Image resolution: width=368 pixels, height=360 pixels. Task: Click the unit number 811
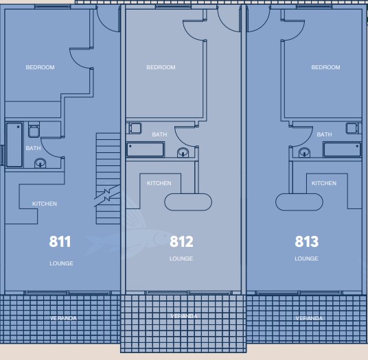pos(60,241)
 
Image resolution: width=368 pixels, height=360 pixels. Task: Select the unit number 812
pos(181,241)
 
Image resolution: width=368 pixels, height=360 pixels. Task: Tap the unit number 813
pos(306,241)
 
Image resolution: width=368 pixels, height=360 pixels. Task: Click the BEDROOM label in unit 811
pos(40,67)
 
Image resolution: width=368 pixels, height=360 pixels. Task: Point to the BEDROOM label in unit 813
pos(325,67)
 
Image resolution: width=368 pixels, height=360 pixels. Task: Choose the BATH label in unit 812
pos(159,134)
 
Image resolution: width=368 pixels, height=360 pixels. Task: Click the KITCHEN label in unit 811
pos(45,204)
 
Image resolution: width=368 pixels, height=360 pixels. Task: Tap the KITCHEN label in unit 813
pos(324,183)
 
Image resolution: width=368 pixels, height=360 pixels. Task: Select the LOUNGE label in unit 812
pos(181,259)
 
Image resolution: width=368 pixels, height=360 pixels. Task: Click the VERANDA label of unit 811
pos(63,318)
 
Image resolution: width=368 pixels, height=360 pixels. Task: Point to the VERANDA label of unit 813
pos(309,318)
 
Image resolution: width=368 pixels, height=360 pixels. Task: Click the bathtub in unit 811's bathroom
pos(14,145)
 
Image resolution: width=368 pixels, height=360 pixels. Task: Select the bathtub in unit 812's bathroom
pos(146,149)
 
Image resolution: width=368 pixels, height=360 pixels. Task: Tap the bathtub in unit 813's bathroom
pos(342,149)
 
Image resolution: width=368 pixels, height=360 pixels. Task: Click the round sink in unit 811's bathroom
pos(40,163)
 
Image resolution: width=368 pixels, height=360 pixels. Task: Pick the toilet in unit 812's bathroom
pos(136,128)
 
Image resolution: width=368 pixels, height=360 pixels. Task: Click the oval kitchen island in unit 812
pos(188,202)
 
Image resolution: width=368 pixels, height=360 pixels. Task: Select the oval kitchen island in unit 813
pos(299,202)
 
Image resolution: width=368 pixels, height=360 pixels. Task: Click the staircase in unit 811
pos(108,178)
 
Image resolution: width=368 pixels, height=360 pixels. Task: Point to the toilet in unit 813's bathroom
pos(352,128)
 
